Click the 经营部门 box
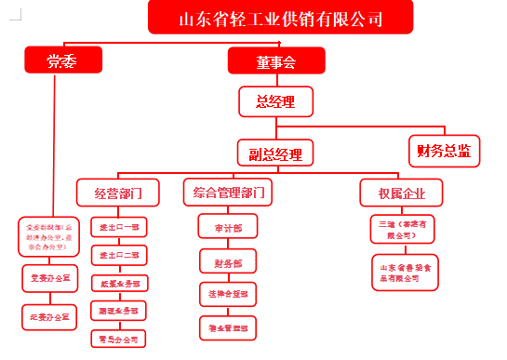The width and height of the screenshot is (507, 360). pyautogui.click(x=117, y=193)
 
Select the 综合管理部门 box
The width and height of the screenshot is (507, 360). pyautogui.click(x=227, y=193)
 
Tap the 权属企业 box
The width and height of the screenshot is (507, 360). pyautogui.click(x=402, y=193)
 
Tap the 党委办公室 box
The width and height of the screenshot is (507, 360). pyautogui.click(x=51, y=277)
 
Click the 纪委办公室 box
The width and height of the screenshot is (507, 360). pyautogui.click(x=51, y=317)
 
